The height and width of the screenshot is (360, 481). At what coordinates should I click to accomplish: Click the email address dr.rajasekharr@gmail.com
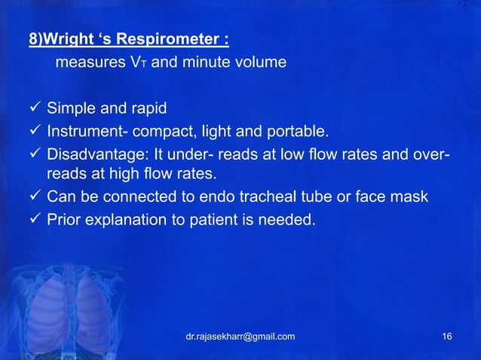[240, 336]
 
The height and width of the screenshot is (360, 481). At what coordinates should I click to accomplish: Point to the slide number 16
[448, 336]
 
